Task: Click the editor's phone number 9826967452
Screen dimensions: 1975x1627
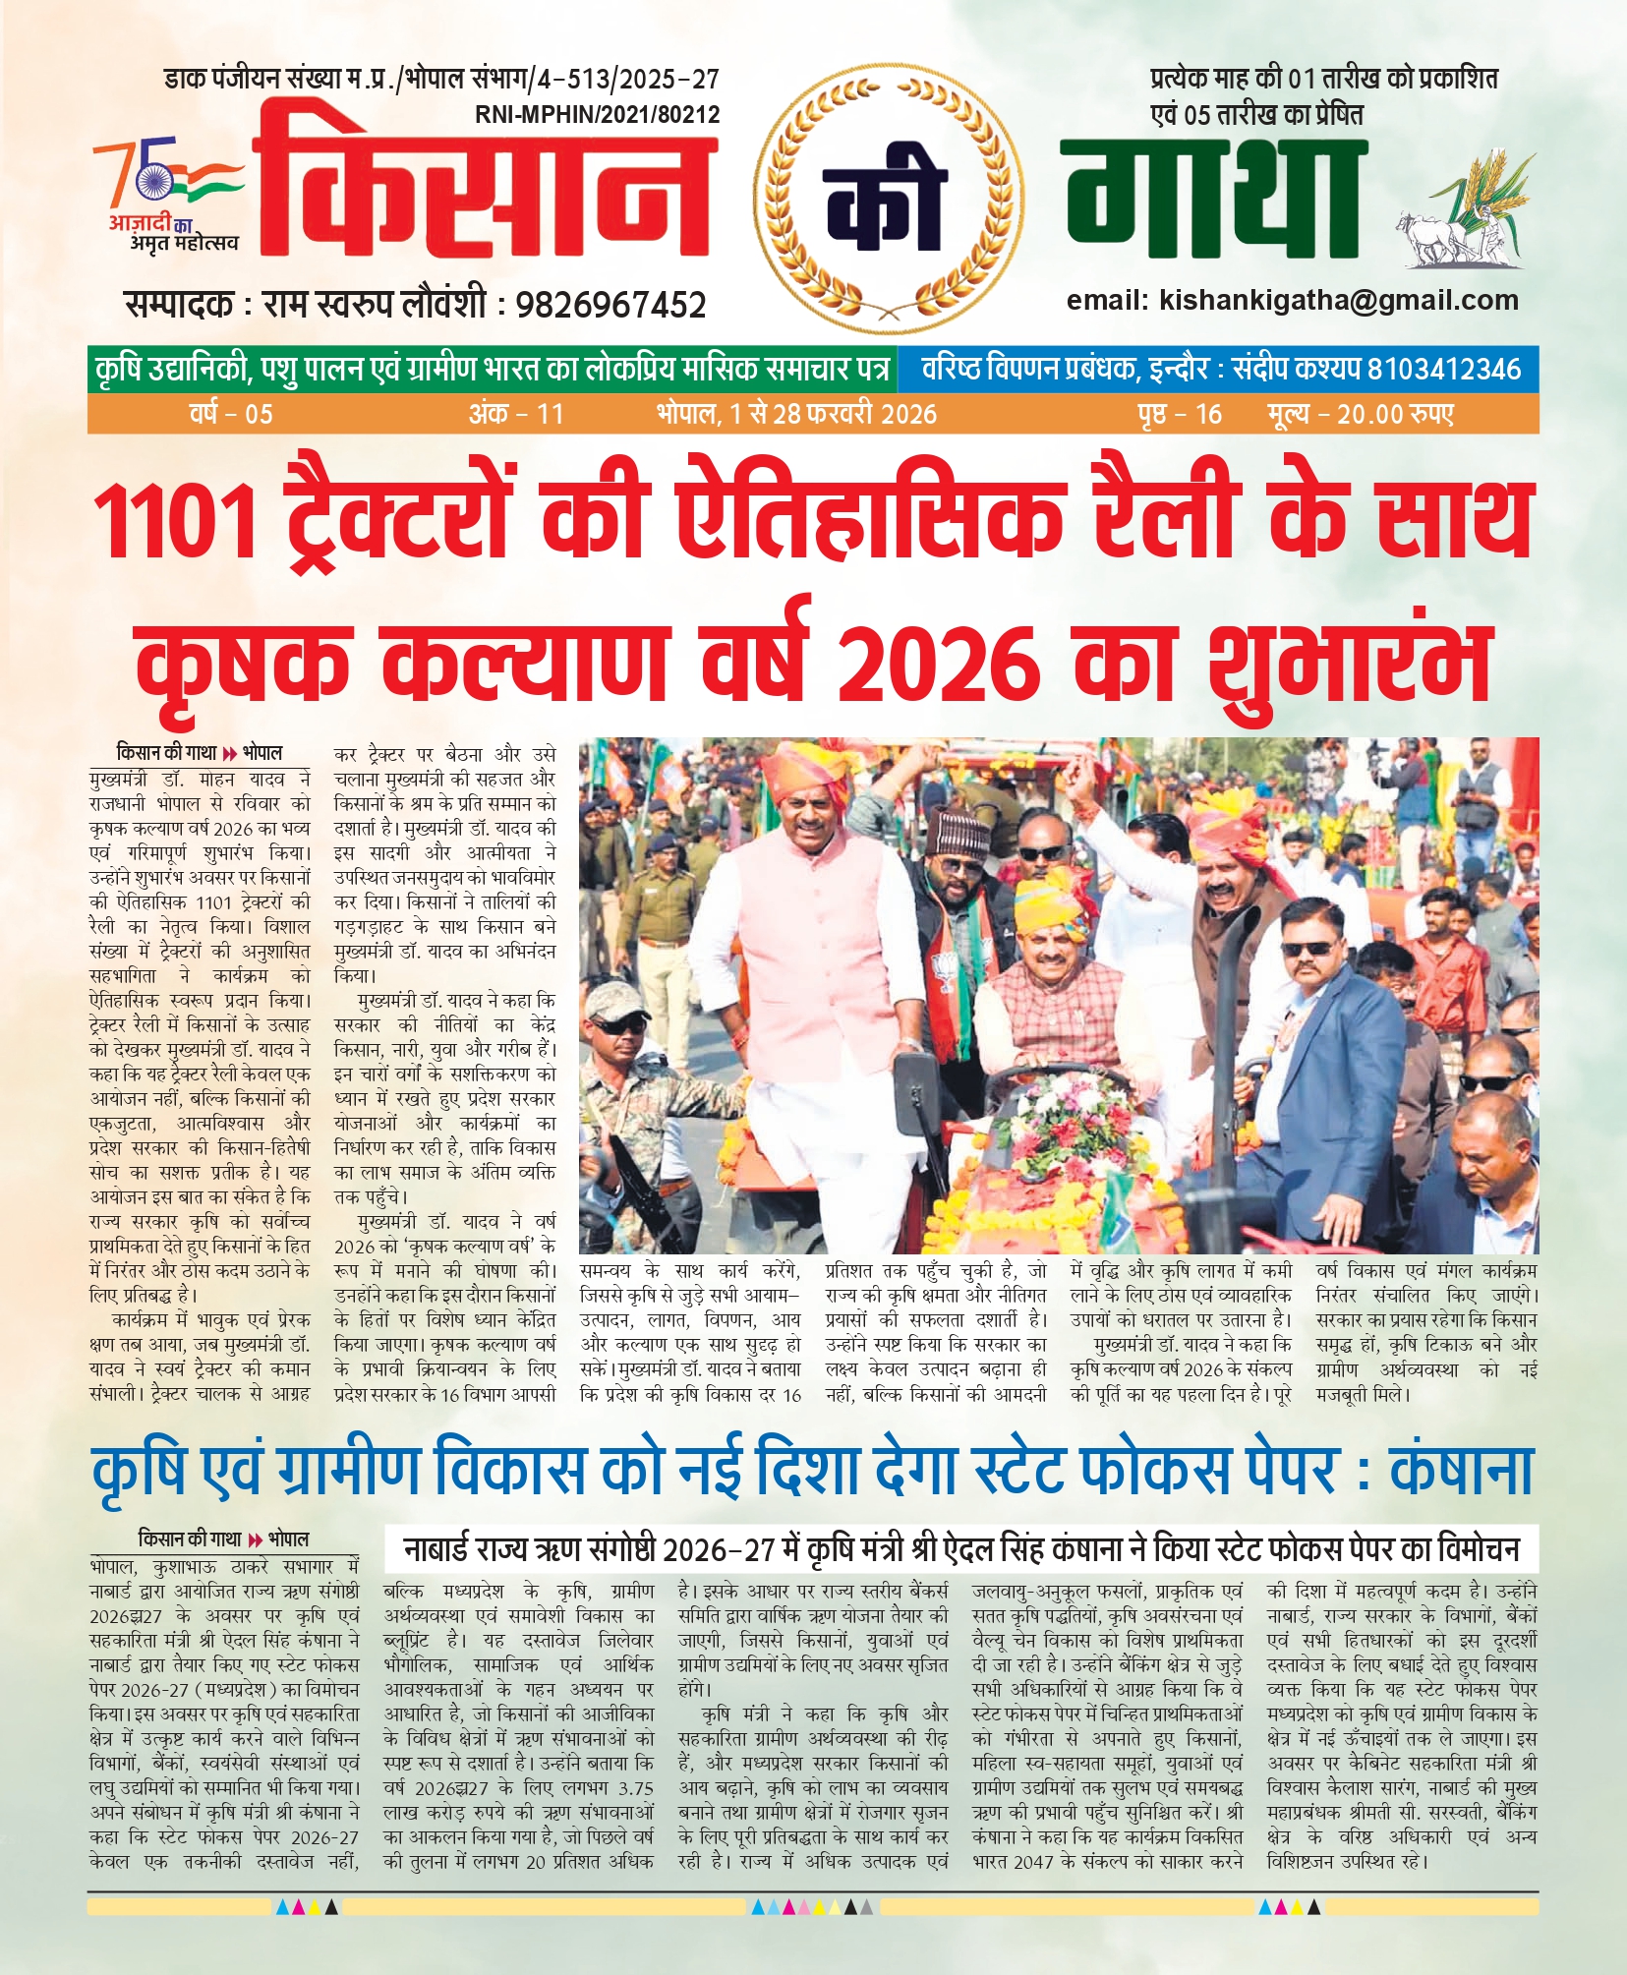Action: coord(610,305)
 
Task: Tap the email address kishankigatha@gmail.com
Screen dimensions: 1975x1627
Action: coord(1339,301)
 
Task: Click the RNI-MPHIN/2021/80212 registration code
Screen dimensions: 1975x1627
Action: coord(597,115)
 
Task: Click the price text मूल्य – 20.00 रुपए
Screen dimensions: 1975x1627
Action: coord(1360,414)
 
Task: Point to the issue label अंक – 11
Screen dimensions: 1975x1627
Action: coord(516,414)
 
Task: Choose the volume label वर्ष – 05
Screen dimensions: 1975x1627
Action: coord(231,414)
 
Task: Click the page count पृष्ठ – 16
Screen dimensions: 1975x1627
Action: coord(1180,414)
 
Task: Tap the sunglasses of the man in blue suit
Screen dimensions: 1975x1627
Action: coord(1308,949)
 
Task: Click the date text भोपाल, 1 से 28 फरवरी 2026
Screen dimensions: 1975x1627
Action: coord(796,414)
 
